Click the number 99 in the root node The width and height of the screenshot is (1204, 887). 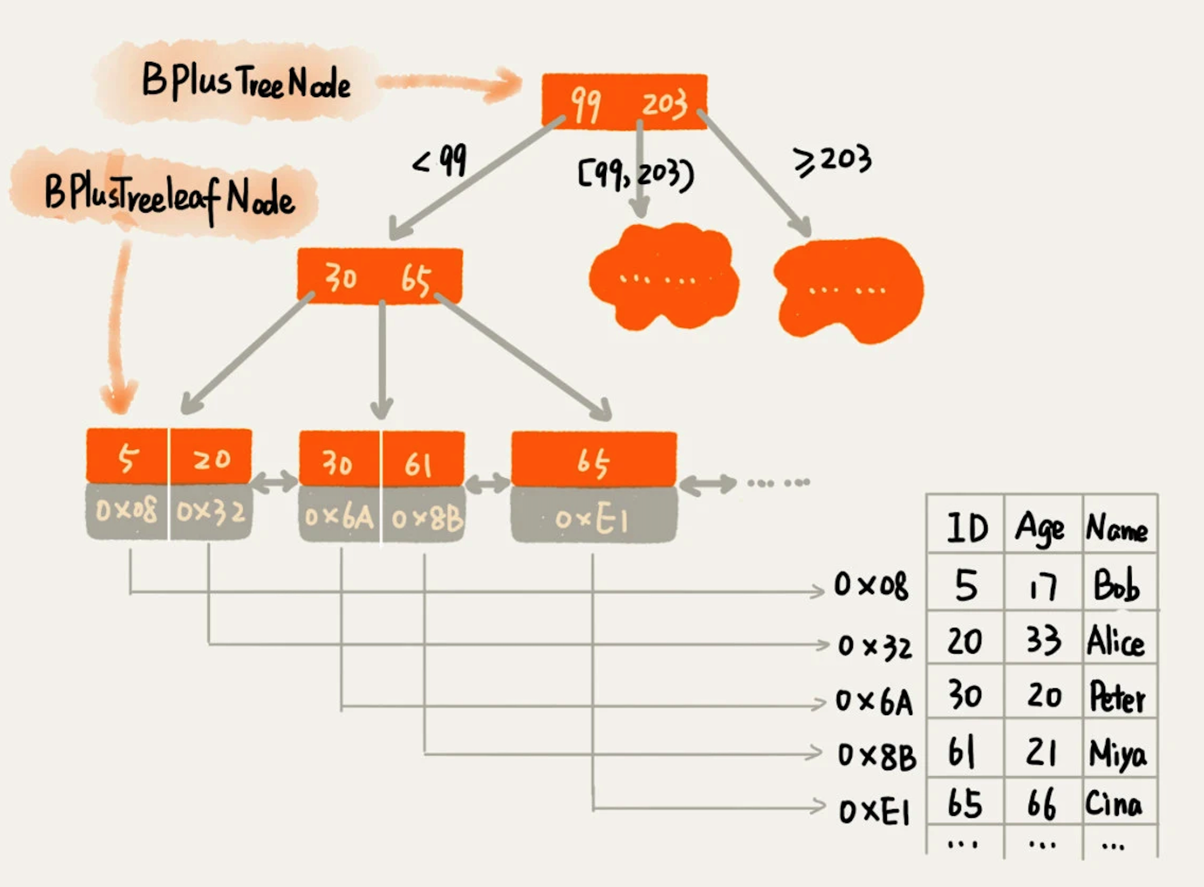(x=585, y=105)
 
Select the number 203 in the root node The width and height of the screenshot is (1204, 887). (x=665, y=104)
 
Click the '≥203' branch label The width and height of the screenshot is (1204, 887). (x=832, y=160)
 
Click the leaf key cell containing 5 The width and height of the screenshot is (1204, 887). (x=127, y=457)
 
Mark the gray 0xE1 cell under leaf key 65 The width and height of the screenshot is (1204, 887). (x=593, y=519)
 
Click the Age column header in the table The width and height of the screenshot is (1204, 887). (x=1041, y=528)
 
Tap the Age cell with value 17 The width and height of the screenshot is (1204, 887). (x=1043, y=586)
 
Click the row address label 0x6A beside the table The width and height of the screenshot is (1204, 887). (x=874, y=702)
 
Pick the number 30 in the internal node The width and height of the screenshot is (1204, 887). (x=340, y=278)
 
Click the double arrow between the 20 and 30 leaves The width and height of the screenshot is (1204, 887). (x=274, y=482)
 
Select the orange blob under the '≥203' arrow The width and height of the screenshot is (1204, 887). (x=849, y=289)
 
